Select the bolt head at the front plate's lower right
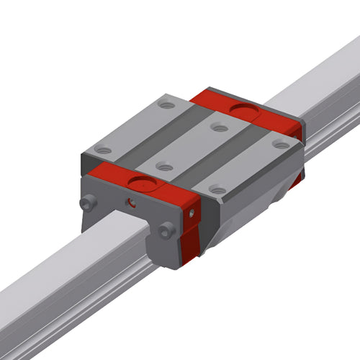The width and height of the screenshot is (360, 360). click(x=167, y=230)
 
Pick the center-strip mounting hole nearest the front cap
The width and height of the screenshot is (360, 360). click(x=165, y=167)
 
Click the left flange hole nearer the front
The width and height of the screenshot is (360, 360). click(x=104, y=150)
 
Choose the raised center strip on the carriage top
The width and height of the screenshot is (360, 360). click(x=191, y=148)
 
